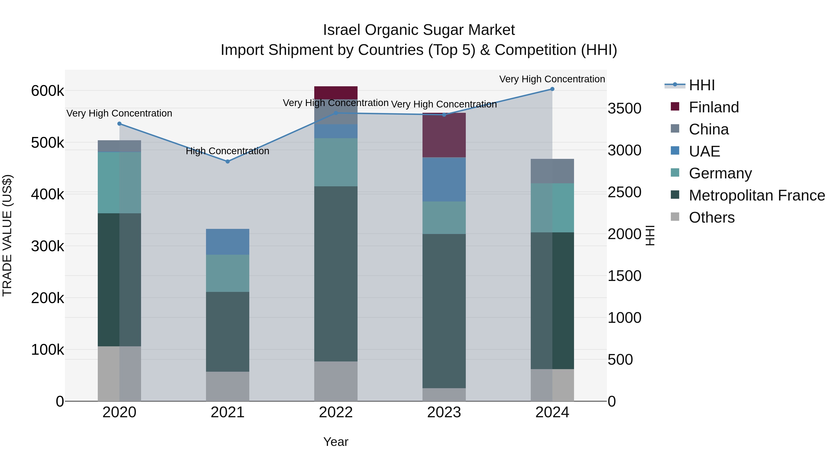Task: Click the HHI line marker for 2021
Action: [228, 162]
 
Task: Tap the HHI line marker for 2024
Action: [552, 89]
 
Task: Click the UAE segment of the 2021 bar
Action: [228, 242]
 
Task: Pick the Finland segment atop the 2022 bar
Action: [336, 93]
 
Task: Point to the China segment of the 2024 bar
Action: [552, 171]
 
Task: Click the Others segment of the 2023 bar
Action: [444, 395]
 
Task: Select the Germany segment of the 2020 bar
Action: [119, 183]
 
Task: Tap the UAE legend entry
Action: [704, 151]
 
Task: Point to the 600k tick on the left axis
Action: [47, 91]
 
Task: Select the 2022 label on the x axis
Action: [336, 412]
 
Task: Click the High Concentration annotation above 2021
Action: [227, 151]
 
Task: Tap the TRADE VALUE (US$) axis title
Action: [7, 235]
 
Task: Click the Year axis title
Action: [336, 442]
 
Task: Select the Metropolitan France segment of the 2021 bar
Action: [228, 331]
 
